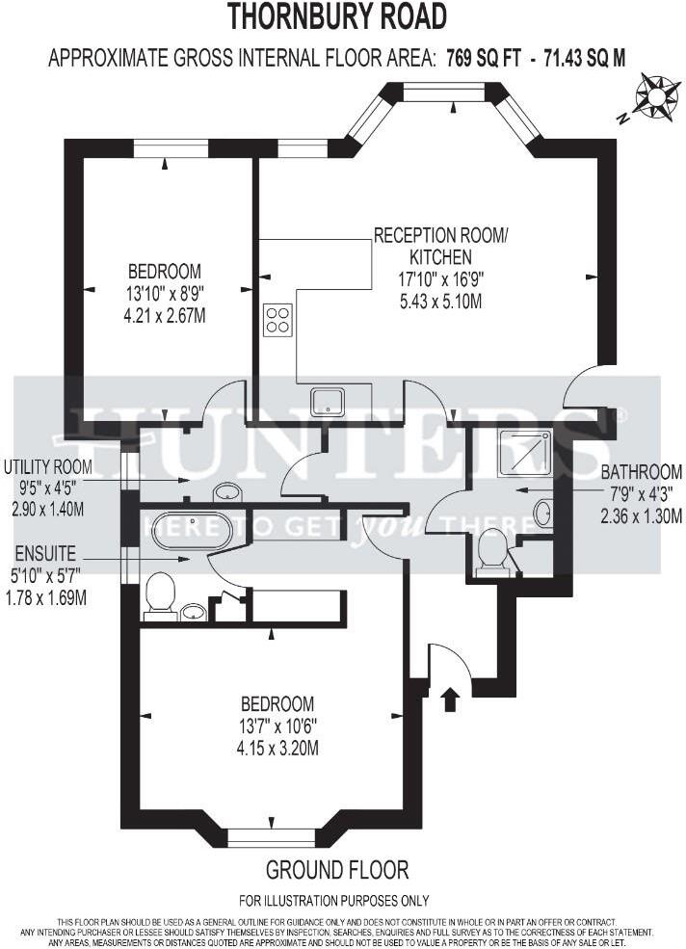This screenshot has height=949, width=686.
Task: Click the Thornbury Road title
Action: tap(337, 16)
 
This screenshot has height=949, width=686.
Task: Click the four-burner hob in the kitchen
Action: tap(278, 319)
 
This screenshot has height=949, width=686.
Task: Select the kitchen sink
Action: tap(329, 400)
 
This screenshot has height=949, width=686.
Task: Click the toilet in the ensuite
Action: tap(159, 595)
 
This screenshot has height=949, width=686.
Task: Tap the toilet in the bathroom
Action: tap(492, 554)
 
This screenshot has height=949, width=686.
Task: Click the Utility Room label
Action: tap(47, 466)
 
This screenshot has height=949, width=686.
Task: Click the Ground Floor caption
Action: tap(337, 870)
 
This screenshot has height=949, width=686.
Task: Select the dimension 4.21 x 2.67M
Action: tap(167, 314)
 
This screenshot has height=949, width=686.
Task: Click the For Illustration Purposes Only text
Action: tap(334, 901)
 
